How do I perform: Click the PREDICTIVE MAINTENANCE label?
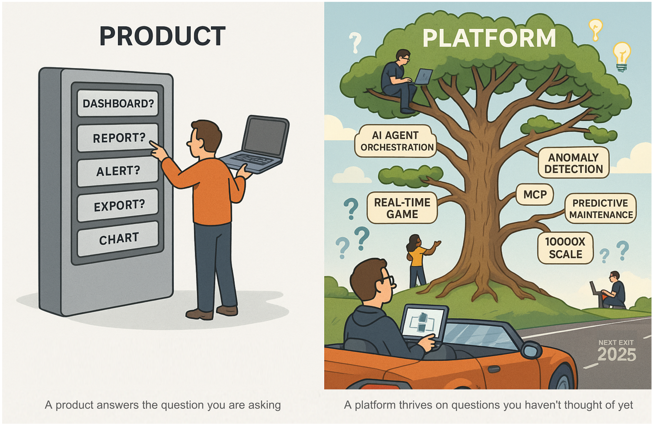click(x=601, y=209)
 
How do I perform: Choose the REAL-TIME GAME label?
click(x=402, y=208)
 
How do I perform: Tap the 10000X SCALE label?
click(x=565, y=248)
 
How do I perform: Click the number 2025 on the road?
click(x=617, y=354)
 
